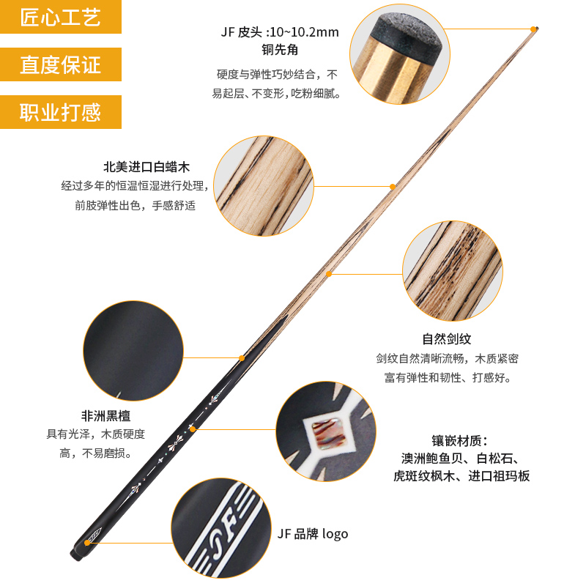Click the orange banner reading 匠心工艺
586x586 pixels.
click(x=61, y=17)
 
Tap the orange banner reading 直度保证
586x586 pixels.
click(x=61, y=64)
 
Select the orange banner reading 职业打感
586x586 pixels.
click(x=61, y=112)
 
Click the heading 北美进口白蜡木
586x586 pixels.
click(x=146, y=167)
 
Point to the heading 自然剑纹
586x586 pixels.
click(x=447, y=339)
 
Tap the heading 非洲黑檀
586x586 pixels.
click(x=105, y=415)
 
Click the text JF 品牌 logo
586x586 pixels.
click(x=313, y=534)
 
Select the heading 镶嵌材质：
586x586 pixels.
click(x=460, y=441)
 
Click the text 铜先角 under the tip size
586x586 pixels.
click(x=280, y=50)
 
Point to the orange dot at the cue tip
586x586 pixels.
click(x=533, y=29)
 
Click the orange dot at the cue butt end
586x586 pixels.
click(x=87, y=543)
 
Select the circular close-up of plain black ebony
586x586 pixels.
click(x=133, y=351)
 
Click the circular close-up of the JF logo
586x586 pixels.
click(x=221, y=528)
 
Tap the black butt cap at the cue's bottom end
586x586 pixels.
click(x=75, y=555)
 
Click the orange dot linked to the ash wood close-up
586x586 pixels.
click(x=393, y=187)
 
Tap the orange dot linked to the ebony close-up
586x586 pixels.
click(x=242, y=358)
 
